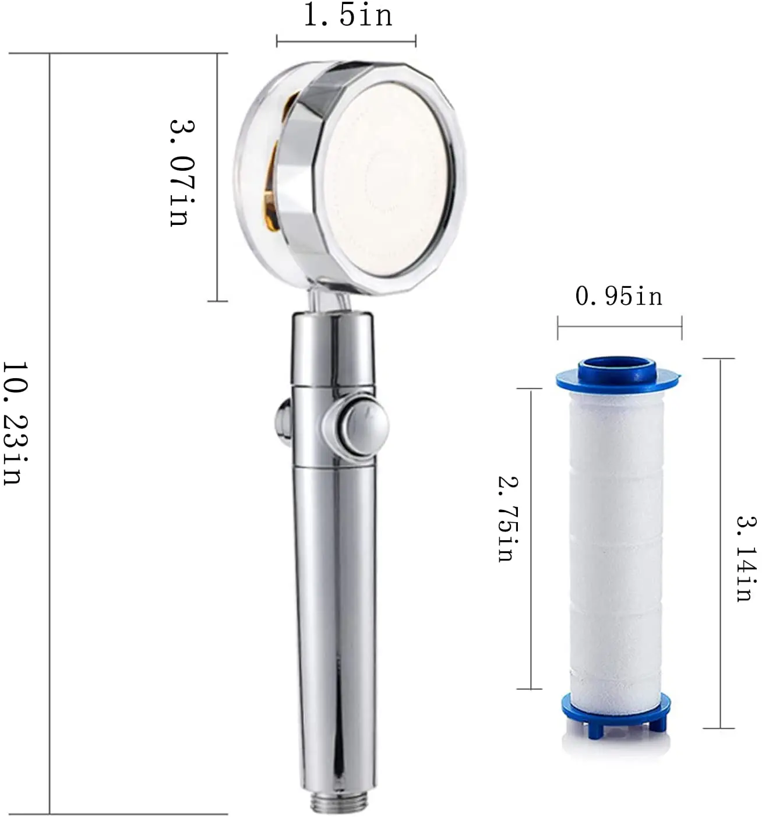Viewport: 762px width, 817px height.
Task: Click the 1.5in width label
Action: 348,16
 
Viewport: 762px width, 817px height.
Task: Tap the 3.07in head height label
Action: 180,173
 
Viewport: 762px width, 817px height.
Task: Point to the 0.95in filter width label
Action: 619,297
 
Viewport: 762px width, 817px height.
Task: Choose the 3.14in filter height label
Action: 743,558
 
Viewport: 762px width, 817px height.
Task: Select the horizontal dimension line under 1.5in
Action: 346,41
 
